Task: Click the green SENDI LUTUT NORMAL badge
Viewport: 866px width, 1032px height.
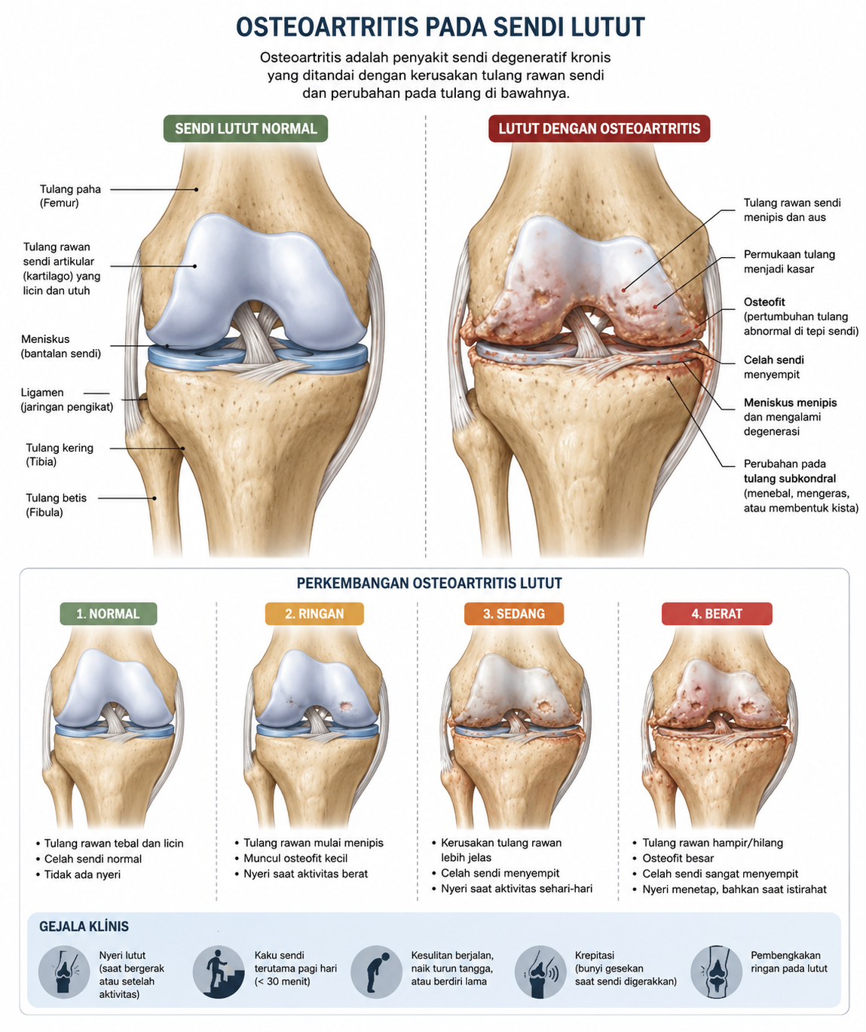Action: (x=246, y=128)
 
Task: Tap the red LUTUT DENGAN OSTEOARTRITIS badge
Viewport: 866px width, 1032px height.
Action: (x=599, y=128)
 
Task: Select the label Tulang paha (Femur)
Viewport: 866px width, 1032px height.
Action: (x=70, y=196)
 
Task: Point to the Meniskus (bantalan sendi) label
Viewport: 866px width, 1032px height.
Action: (x=61, y=346)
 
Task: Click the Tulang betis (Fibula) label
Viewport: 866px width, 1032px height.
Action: (x=56, y=504)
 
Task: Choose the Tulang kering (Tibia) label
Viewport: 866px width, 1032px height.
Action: (x=60, y=455)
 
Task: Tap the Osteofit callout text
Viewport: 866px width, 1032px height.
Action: (x=800, y=317)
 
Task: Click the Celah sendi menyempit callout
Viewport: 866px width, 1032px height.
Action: (x=773, y=366)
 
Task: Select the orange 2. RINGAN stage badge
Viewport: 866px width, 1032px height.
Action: (x=314, y=614)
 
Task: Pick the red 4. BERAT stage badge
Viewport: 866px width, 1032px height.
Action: (x=717, y=614)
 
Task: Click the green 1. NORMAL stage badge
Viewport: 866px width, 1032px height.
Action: (x=109, y=614)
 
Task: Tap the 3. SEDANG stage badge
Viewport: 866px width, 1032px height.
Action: (x=514, y=614)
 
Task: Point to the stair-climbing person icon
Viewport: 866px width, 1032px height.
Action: (x=219, y=972)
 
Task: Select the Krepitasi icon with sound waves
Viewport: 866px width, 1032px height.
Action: (x=540, y=972)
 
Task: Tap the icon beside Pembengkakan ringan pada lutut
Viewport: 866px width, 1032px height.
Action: (x=717, y=972)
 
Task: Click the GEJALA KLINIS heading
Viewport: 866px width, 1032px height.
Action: (x=84, y=926)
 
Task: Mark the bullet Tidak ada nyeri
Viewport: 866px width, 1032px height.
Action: (x=78, y=874)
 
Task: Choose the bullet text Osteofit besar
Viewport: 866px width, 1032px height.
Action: (x=673, y=858)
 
